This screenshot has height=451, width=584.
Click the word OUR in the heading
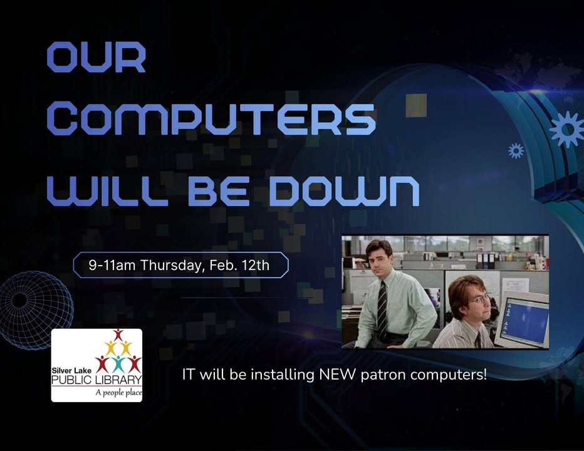(x=96, y=57)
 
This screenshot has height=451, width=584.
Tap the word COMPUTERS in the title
(x=211, y=120)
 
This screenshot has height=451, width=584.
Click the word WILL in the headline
(x=108, y=190)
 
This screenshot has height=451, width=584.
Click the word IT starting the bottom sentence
(x=188, y=375)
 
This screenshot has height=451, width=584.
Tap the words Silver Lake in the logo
(x=71, y=371)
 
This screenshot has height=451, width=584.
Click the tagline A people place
(x=119, y=392)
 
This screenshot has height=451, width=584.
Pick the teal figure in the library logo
(x=118, y=364)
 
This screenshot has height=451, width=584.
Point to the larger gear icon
(x=567, y=129)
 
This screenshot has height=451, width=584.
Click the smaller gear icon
(x=516, y=150)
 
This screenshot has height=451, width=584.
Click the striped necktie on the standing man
(x=382, y=311)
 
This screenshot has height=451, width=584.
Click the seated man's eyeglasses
(x=478, y=299)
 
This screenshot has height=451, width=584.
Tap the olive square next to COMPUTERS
(x=416, y=105)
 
